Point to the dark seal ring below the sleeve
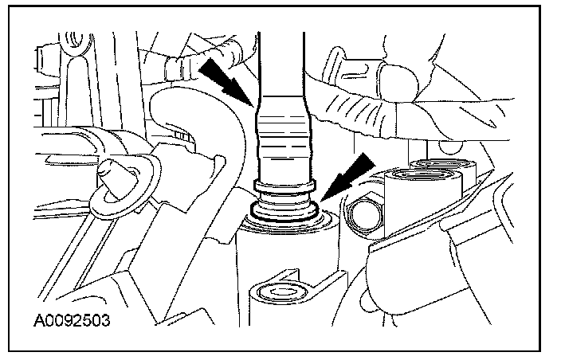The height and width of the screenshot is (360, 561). point(283,210)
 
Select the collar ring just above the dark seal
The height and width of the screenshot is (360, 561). point(283,189)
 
